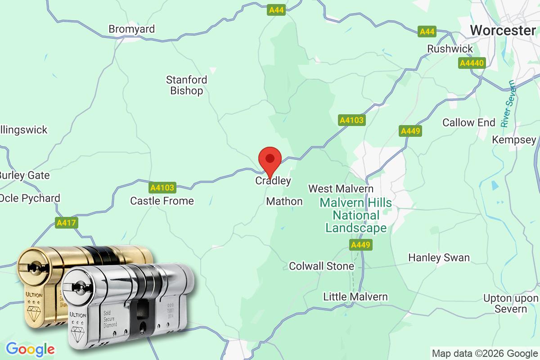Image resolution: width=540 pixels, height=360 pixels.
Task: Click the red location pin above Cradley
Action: (270, 159)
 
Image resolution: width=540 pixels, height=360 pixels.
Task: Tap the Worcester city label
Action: (503, 30)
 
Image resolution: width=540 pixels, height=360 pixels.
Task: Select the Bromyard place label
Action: (131, 29)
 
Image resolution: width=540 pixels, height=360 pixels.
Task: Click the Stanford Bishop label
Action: (186, 85)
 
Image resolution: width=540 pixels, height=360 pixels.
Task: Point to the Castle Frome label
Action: (162, 201)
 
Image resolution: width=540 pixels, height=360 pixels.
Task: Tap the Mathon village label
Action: (284, 201)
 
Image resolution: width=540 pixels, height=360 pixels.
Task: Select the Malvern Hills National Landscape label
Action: (355, 216)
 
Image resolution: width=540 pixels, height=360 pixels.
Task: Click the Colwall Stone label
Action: (321, 266)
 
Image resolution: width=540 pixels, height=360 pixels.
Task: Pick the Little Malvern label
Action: (355, 297)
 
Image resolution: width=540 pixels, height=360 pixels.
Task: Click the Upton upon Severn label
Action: (510, 304)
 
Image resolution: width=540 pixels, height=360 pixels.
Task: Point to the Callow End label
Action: (468, 122)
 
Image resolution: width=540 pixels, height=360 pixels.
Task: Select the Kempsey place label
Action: (514, 140)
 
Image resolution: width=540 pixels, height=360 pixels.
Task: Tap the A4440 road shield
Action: (472, 63)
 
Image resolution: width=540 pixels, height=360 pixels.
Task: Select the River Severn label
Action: (509, 103)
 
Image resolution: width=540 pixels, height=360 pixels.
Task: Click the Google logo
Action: (30, 349)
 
